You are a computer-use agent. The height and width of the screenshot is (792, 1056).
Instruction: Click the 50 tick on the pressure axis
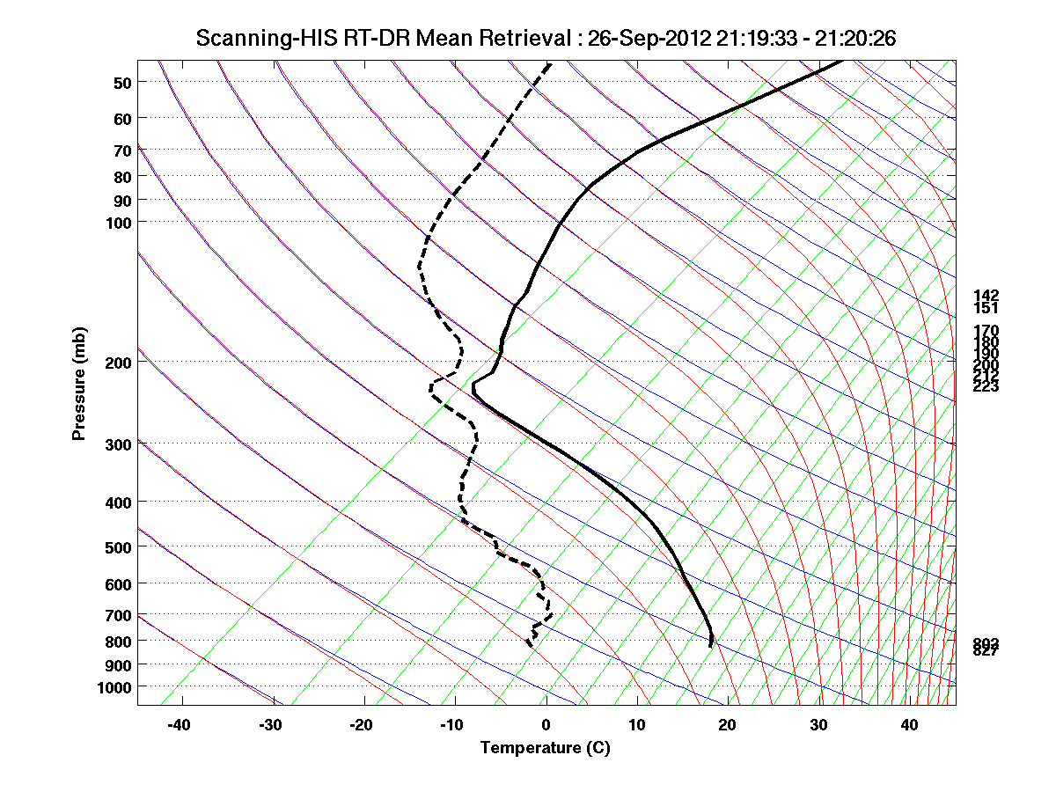coord(122,83)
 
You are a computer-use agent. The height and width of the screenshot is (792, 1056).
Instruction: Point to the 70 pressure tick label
coord(122,150)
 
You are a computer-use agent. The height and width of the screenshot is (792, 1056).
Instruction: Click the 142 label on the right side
coord(986,296)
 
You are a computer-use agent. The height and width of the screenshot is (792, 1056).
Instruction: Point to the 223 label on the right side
coord(986,386)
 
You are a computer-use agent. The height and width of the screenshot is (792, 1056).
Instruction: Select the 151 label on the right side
coord(986,308)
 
